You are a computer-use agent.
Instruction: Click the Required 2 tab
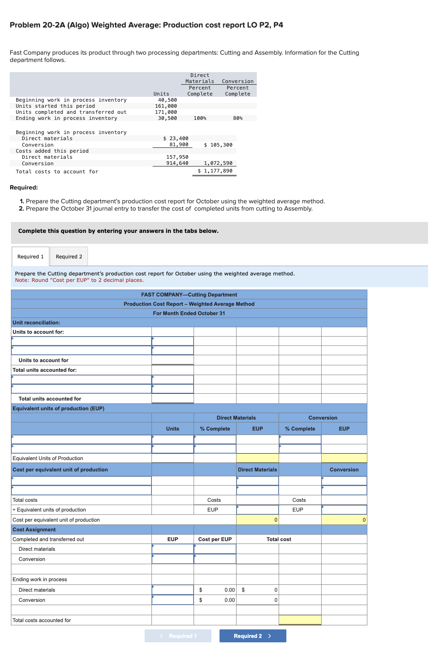click(x=69, y=257)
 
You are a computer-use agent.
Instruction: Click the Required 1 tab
click(x=30, y=257)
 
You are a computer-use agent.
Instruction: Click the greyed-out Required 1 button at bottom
click(x=178, y=636)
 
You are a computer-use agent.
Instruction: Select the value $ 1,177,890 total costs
click(x=215, y=171)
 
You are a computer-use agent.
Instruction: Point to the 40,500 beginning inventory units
click(x=167, y=100)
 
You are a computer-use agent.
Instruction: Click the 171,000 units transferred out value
click(x=166, y=112)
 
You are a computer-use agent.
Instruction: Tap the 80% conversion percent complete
click(x=238, y=118)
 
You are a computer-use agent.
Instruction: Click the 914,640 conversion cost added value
click(x=177, y=163)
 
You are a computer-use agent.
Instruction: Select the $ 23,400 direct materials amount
click(x=175, y=139)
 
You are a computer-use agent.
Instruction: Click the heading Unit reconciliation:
click(x=36, y=323)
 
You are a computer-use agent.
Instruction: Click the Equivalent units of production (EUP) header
click(x=58, y=409)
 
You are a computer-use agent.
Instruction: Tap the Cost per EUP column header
click(x=215, y=539)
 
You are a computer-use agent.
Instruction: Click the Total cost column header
click(x=279, y=539)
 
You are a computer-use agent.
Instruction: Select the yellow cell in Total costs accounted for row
click(x=300, y=620)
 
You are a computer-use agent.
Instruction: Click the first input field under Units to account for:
click(x=81, y=341)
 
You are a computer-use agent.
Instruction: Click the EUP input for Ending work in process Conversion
click(x=173, y=600)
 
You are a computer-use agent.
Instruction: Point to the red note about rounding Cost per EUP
click(x=79, y=280)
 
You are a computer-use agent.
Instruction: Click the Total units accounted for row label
click(x=50, y=399)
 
